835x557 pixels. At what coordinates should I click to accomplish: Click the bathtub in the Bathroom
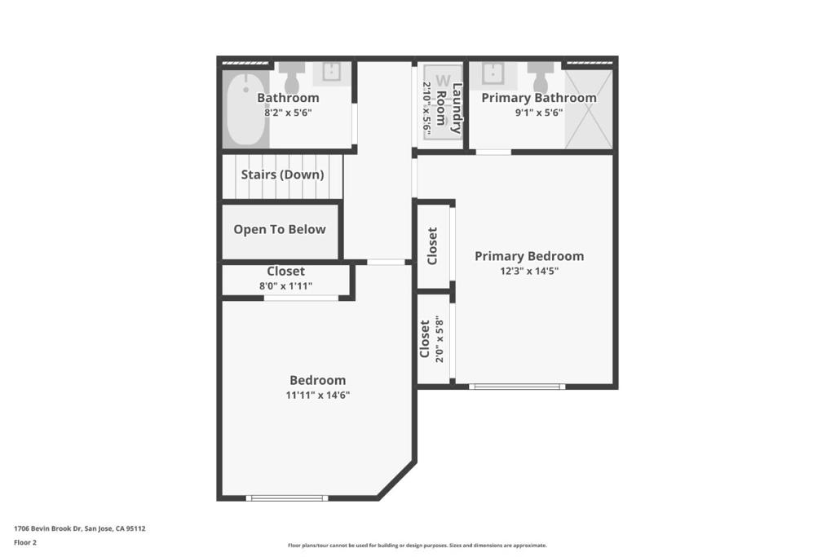click(245, 108)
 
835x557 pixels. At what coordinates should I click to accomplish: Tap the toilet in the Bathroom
click(292, 77)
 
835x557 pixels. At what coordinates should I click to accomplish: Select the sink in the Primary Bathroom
click(493, 73)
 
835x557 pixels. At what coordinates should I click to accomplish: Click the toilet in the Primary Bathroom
click(541, 77)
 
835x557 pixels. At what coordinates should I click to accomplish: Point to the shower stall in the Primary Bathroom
click(589, 109)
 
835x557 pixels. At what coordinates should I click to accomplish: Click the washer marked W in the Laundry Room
click(443, 102)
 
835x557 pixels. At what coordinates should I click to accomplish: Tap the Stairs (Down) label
click(282, 175)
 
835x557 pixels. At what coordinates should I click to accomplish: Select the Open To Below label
click(280, 229)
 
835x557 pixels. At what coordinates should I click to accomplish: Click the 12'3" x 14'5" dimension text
click(529, 271)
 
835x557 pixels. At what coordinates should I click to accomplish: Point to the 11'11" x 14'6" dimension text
click(318, 395)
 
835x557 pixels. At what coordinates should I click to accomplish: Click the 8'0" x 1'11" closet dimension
click(286, 286)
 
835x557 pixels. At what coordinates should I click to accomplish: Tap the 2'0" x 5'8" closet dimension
click(440, 339)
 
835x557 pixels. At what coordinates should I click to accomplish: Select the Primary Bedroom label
click(529, 256)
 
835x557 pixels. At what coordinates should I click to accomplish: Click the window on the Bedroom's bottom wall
click(287, 498)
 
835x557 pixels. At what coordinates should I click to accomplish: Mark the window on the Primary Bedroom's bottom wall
click(517, 387)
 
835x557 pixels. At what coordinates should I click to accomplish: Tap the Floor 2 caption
click(25, 542)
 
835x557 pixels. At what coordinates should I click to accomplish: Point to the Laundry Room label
click(449, 108)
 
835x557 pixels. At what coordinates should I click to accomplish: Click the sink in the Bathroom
click(332, 73)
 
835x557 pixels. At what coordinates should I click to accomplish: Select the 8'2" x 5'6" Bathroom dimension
click(288, 113)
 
